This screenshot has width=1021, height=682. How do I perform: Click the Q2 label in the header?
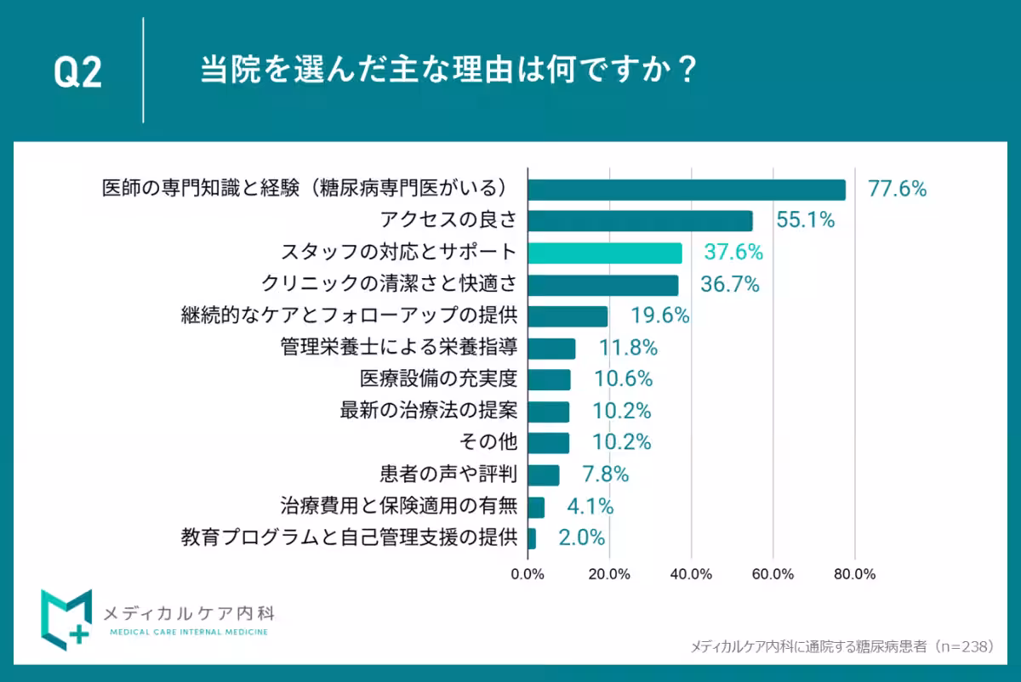click(x=77, y=73)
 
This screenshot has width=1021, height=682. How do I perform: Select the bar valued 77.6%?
click(x=687, y=189)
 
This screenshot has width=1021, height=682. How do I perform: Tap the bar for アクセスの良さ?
click(x=640, y=221)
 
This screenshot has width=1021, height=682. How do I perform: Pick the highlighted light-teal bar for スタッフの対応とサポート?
click(x=605, y=253)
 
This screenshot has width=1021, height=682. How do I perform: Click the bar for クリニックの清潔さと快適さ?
click(x=603, y=284)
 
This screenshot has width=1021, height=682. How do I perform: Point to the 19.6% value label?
click(x=659, y=316)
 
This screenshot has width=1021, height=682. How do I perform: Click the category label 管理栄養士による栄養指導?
click(x=398, y=348)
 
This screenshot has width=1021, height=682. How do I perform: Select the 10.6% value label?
click(x=622, y=379)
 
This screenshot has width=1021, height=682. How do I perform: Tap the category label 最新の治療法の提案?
click(x=428, y=411)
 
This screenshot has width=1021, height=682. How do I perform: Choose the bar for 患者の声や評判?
click(x=544, y=475)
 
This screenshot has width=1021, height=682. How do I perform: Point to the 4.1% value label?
click(x=590, y=507)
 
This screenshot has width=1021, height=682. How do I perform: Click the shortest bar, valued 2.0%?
click(x=532, y=538)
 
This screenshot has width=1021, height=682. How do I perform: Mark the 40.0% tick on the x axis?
click(x=691, y=574)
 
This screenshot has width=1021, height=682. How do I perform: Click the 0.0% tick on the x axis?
click(x=528, y=574)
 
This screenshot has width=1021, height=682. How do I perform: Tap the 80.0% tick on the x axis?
click(x=854, y=574)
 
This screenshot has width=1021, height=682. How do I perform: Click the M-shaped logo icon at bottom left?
click(x=66, y=617)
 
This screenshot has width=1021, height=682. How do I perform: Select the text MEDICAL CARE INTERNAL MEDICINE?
click(x=189, y=632)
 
